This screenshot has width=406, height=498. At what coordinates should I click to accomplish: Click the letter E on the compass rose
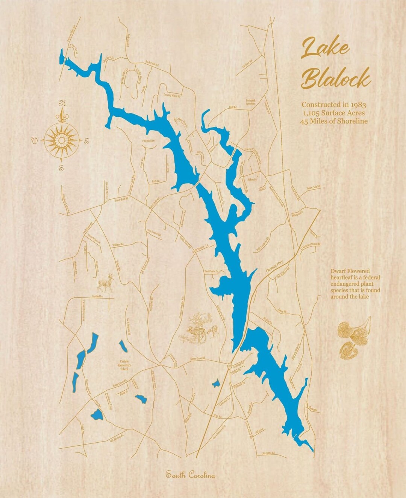click(x=86, y=142)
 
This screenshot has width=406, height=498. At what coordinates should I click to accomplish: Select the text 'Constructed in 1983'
click(x=333, y=104)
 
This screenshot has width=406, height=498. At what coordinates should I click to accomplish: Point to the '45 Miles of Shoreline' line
click(x=333, y=121)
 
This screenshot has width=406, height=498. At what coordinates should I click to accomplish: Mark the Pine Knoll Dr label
click(x=148, y=141)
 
